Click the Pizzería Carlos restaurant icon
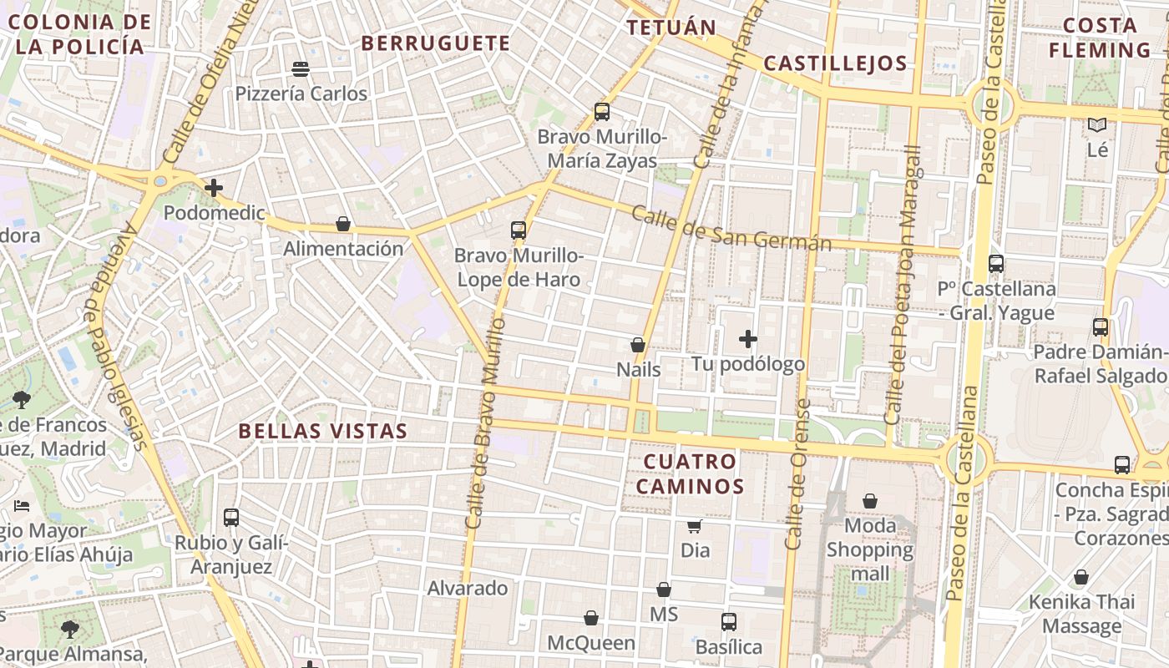point(301,68)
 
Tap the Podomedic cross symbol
point(214,188)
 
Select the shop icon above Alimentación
point(342,224)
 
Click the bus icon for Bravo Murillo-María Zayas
point(601,111)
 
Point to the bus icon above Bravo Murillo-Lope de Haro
point(519,230)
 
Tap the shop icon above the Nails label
point(638,344)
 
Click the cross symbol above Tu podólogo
point(748,339)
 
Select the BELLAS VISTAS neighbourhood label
point(323,431)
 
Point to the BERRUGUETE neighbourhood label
point(435,43)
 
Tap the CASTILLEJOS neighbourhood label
point(835,63)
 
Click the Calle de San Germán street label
point(731,228)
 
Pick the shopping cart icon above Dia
point(694,526)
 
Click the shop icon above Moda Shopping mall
point(870,501)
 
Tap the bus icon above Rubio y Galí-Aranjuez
point(231,518)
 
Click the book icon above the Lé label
point(1096,125)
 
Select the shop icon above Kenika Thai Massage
point(1081,577)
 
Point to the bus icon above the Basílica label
point(729,621)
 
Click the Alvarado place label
point(468,588)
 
